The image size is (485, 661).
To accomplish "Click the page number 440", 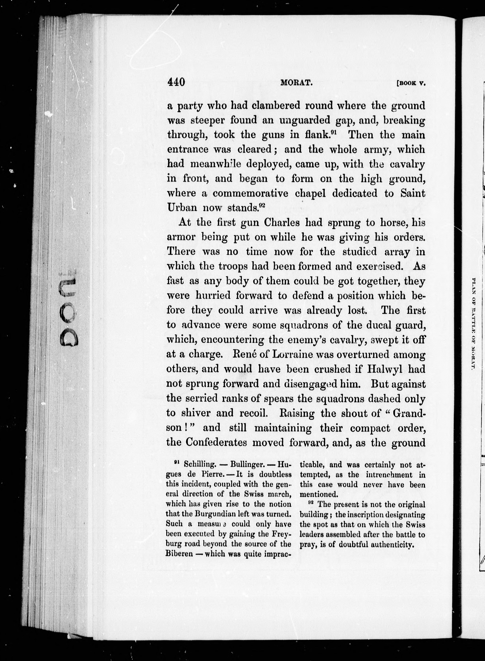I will pos(176,82).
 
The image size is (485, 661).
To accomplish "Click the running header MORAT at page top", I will pos(296,83).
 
